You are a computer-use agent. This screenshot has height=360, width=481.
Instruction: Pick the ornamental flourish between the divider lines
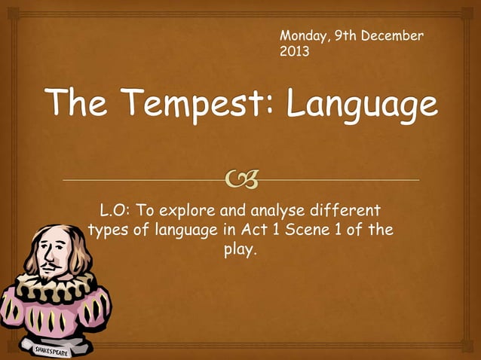pos(240,180)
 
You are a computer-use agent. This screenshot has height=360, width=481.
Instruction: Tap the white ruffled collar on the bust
pos(57,284)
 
